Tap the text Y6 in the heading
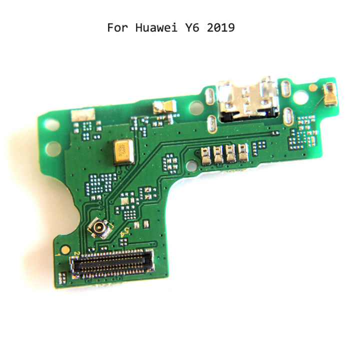pyautogui.click(x=190, y=27)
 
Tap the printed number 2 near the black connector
pyautogui.click(x=75, y=255)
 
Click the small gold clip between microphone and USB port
pyautogui.click(x=163, y=106)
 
